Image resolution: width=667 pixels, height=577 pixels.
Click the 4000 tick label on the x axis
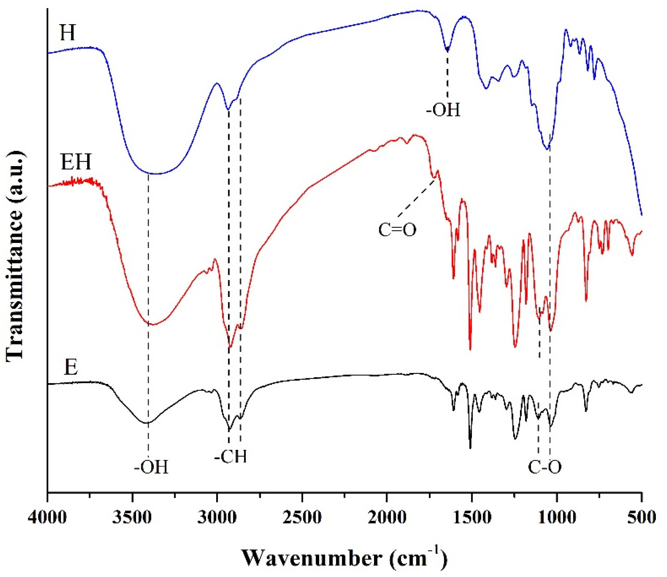47,518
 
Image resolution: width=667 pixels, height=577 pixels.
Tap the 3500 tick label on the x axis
132,518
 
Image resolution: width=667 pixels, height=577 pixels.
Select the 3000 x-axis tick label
217,518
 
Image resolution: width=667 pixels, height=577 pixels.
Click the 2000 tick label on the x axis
387,518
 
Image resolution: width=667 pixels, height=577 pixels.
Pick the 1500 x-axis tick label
472,518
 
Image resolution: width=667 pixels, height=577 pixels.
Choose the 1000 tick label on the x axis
557,518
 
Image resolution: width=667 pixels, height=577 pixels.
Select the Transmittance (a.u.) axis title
15,254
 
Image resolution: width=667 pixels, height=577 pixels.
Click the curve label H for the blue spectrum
68,33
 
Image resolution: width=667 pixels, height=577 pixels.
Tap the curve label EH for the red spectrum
76,162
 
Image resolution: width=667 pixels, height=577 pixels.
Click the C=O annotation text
397,230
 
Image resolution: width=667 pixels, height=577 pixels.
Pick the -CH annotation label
231,456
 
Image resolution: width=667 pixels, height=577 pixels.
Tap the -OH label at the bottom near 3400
151,468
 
